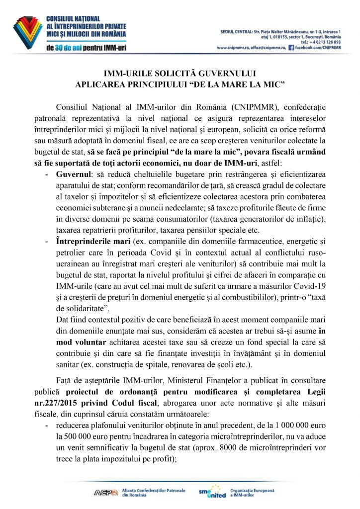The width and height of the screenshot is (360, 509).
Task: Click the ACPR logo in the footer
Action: coord(106,493)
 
